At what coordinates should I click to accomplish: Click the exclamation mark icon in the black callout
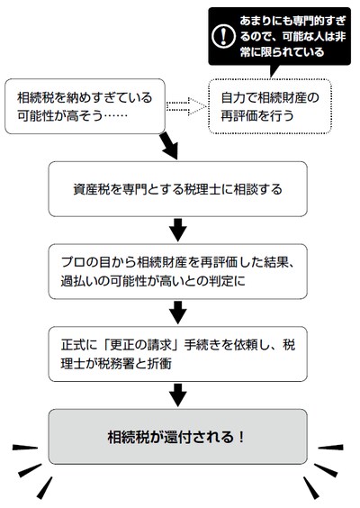click(223, 36)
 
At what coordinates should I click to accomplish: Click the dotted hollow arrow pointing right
click(187, 106)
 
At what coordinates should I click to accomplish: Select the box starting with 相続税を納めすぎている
click(85, 106)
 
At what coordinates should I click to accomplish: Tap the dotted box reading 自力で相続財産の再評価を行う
click(270, 106)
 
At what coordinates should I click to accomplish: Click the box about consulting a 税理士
click(177, 189)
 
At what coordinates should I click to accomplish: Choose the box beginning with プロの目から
click(177, 271)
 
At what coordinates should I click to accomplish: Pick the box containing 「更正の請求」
click(177, 354)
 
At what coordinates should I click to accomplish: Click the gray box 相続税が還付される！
click(177, 437)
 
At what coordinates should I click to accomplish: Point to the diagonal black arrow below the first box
click(169, 146)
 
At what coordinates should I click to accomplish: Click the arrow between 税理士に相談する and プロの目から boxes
click(177, 231)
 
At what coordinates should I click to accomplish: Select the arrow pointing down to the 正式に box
click(177, 313)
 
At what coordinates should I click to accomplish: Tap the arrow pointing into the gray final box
click(177, 395)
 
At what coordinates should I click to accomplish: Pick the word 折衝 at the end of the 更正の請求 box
click(159, 363)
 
